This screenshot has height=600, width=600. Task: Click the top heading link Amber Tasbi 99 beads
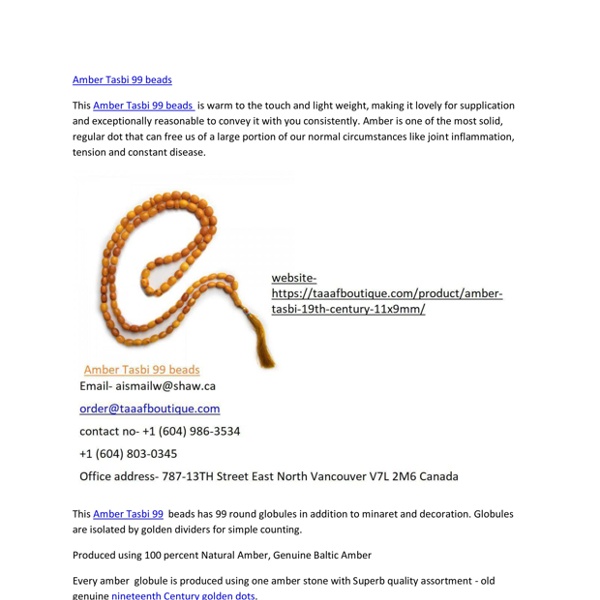(122, 80)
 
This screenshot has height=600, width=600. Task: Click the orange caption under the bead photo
(141, 370)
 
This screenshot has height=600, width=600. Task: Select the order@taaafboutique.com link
(150, 409)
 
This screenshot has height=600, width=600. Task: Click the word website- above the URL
(294, 278)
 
